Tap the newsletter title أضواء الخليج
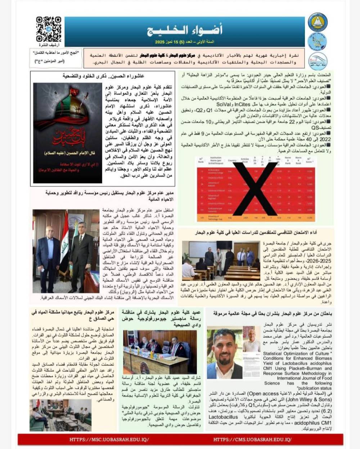(185, 30)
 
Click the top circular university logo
(318, 22)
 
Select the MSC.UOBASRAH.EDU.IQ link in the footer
(109, 439)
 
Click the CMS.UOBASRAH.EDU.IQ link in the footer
(252, 439)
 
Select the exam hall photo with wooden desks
(221, 260)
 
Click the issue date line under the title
(185, 42)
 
